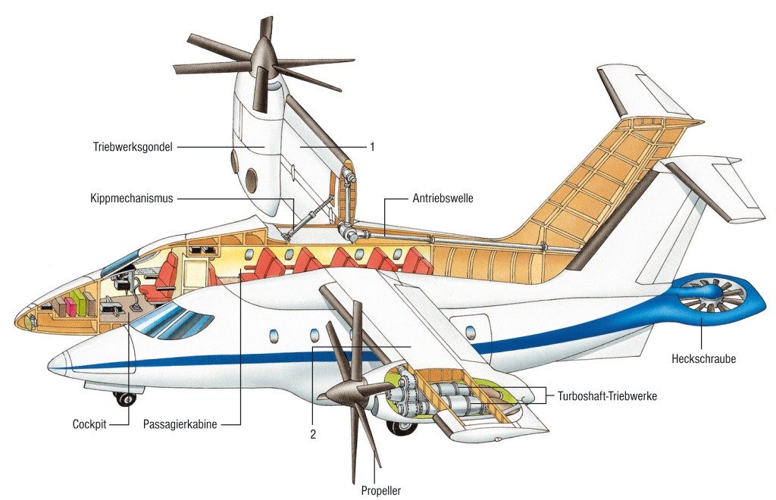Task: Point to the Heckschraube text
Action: (703, 358)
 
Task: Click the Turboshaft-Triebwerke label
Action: (607, 395)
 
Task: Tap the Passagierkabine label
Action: (180, 425)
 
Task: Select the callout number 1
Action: (372, 147)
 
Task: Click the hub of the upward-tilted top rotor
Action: (264, 55)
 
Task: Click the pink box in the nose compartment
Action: (70, 306)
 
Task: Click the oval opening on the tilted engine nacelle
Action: (249, 180)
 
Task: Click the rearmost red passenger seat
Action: (416, 262)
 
